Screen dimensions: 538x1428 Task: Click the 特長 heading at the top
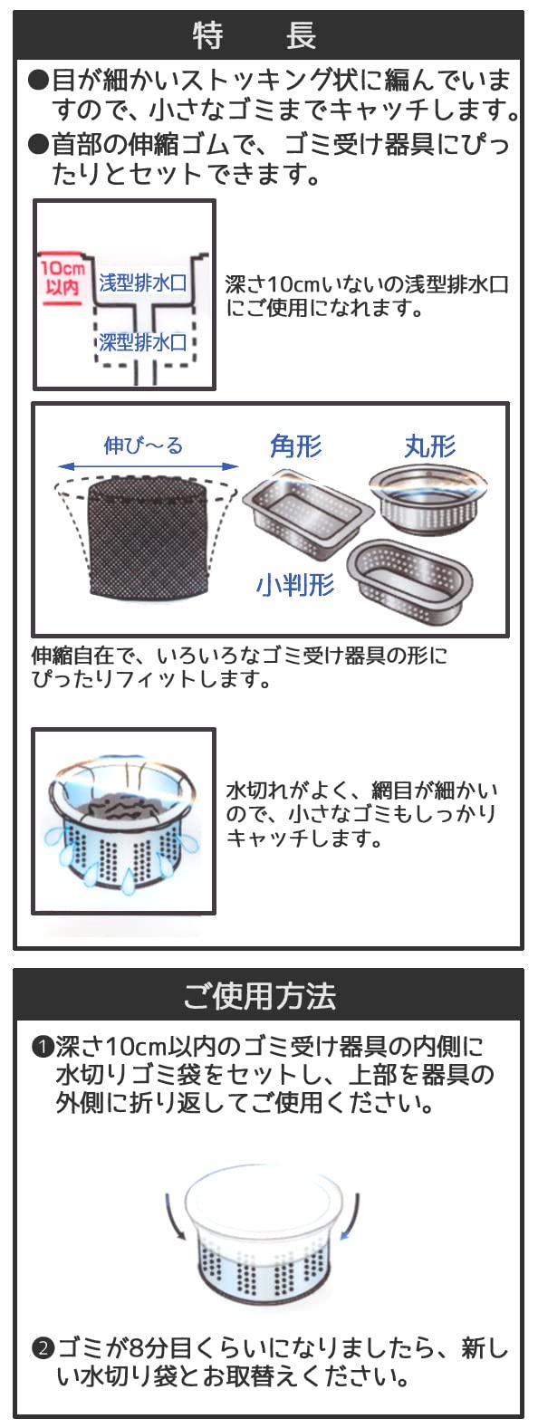255,35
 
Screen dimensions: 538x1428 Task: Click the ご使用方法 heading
260,996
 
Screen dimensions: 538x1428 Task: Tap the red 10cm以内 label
62,278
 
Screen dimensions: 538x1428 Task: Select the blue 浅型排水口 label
143,282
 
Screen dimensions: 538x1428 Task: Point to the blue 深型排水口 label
143,342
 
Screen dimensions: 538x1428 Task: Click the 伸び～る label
143,445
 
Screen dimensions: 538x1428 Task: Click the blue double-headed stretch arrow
148,467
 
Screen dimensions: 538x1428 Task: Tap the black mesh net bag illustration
146,537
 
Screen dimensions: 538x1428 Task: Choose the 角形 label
296,446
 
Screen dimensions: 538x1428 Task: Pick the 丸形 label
430,446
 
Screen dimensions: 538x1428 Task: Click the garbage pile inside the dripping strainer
124,808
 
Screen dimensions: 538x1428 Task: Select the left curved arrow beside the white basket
176,1216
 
